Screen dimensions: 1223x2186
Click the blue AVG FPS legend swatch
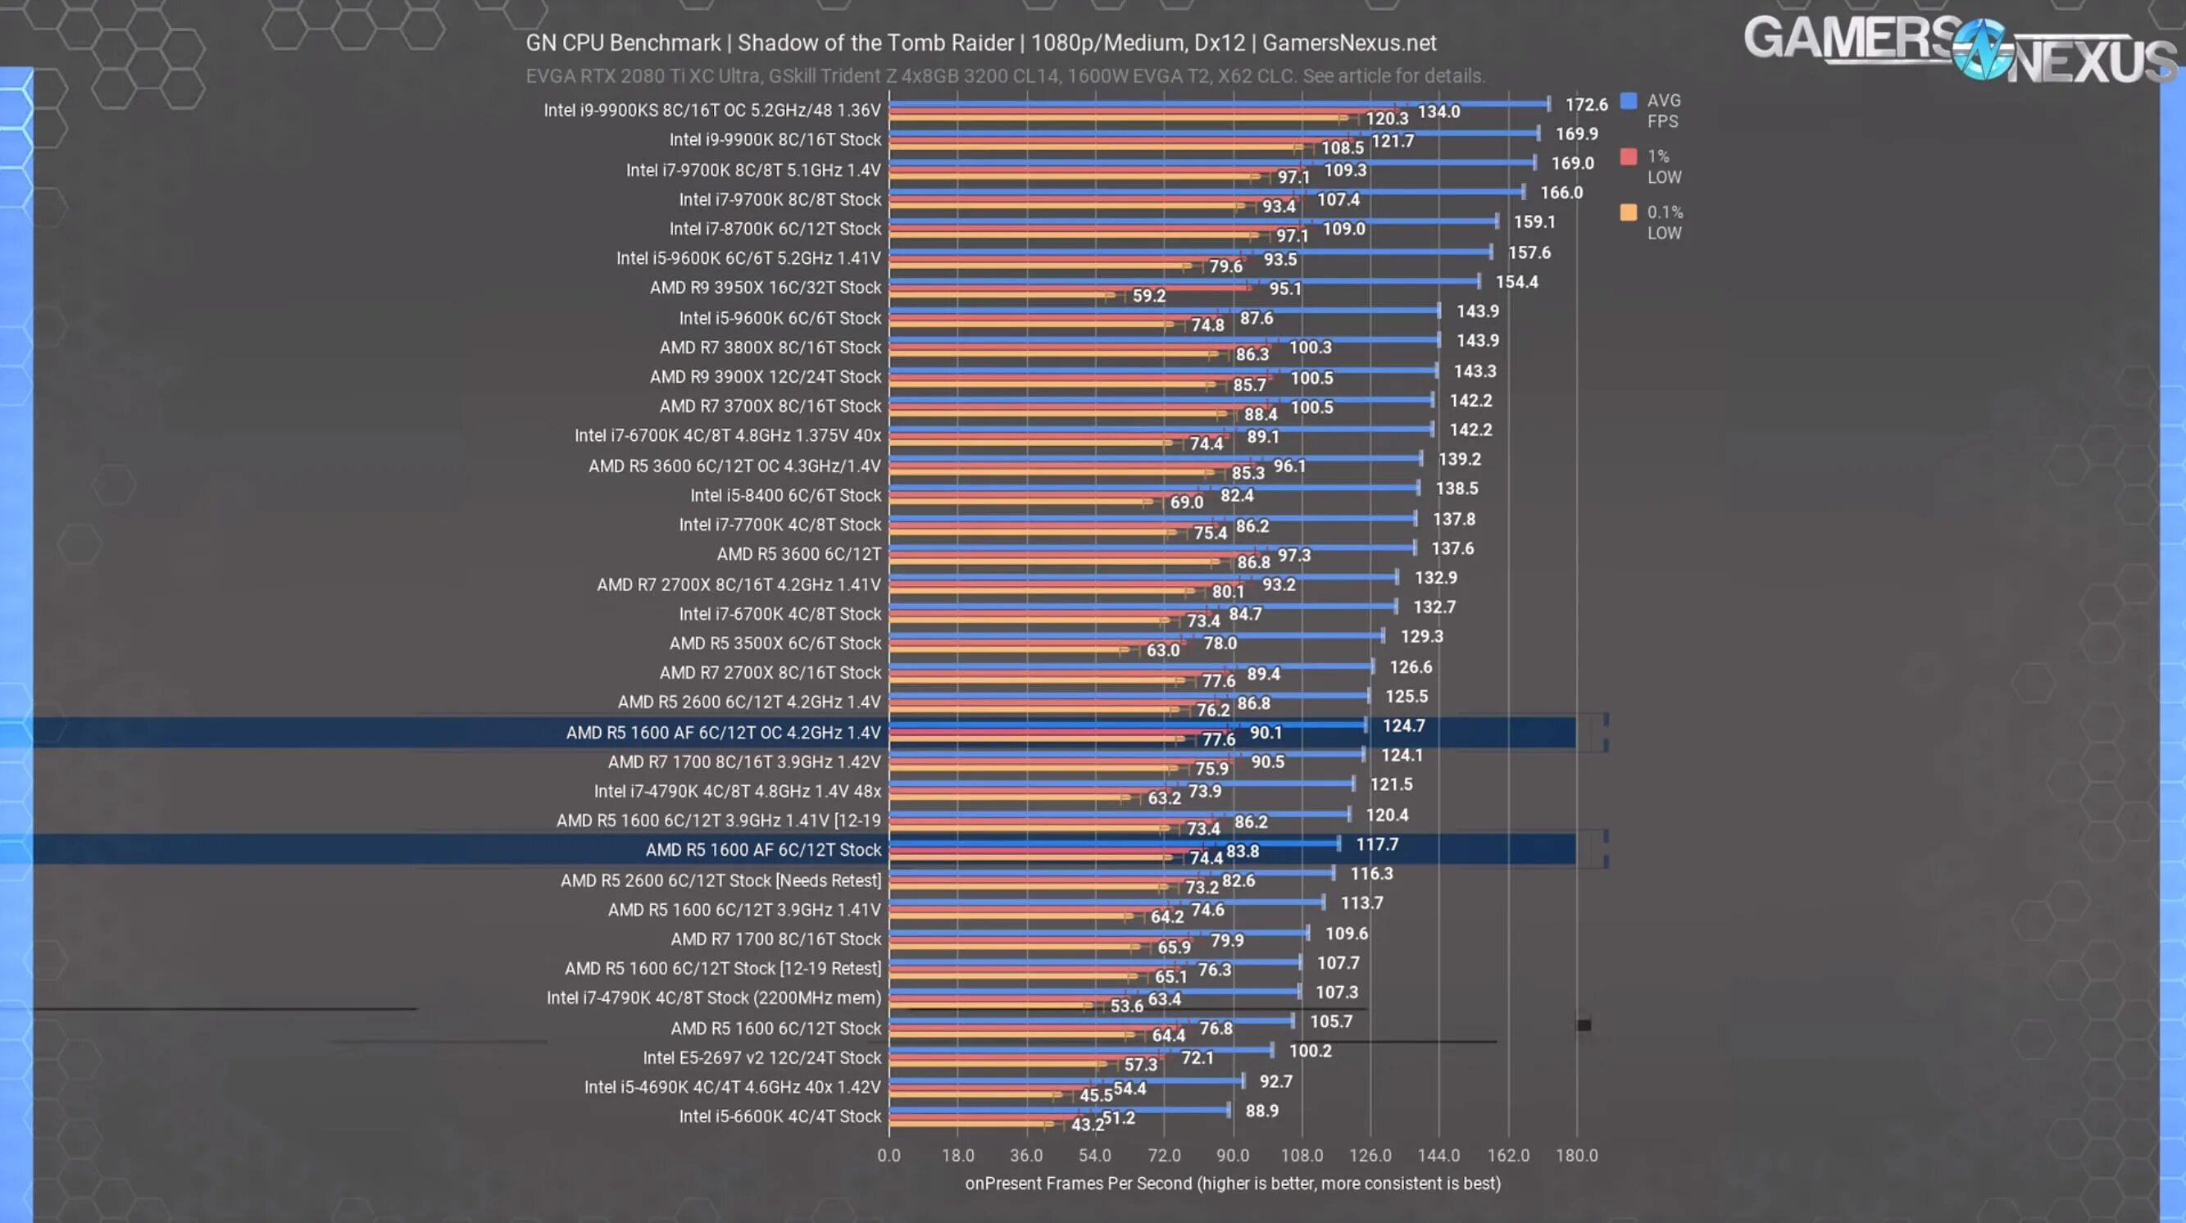(1628, 101)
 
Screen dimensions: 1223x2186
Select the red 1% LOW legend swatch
(1628, 157)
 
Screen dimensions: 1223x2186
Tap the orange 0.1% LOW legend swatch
(1628, 212)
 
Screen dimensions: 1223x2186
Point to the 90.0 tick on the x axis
(1232, 1155)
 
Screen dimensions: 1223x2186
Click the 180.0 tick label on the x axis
(1577, 1155)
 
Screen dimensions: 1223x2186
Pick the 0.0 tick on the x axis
(888, 1155)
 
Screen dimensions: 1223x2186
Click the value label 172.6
(1586, 104)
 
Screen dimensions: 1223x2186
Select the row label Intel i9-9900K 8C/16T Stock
(775, 140)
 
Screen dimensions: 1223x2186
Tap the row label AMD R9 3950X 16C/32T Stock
(766, 288)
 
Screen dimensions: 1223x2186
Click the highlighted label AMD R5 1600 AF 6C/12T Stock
(763, 849)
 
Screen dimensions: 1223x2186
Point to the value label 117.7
(1376, 844)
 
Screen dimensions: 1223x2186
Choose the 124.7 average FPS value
(1403, 725)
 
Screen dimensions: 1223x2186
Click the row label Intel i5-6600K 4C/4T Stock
(779, 1116)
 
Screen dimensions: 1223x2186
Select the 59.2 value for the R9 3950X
(1149, 296)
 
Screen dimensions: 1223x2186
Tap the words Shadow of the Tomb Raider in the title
(875, 43)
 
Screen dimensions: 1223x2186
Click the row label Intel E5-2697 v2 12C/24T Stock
(762, 1057)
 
